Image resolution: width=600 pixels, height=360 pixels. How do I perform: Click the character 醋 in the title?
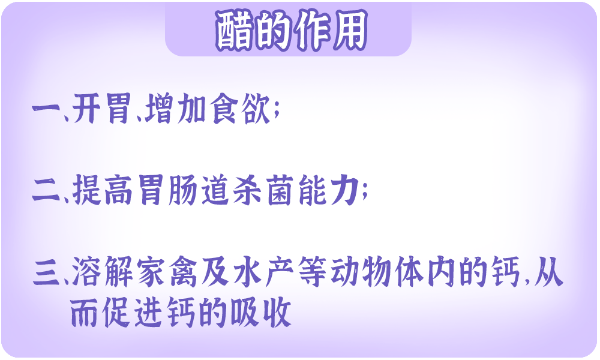[x=234, y=31]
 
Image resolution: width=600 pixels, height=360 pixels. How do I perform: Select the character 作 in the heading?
[x=311, y=31]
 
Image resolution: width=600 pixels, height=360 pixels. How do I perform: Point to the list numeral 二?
[x=46, y=190]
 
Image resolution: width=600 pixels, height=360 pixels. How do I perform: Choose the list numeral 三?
[x=46, y=272]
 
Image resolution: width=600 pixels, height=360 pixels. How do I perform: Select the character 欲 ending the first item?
[x=256, y=109]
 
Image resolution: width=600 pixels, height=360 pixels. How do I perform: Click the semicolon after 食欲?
[x=277, y=111]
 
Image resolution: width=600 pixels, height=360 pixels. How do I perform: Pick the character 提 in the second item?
[x=86, y=190]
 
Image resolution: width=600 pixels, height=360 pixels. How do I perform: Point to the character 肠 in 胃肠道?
[x=183, y=190]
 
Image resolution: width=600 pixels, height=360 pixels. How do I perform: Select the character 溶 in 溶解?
[x=86, y=272]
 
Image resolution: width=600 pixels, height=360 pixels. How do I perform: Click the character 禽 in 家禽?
[x=183, y=272]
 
